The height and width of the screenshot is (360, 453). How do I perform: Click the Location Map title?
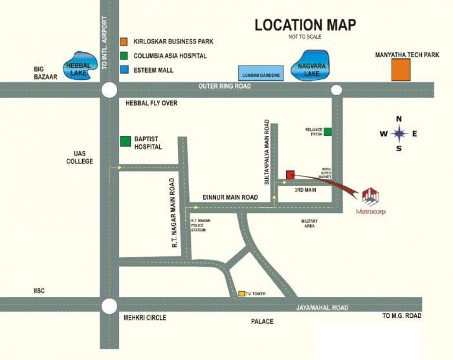click(305, 25)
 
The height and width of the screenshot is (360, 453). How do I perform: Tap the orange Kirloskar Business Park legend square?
click(124, 41)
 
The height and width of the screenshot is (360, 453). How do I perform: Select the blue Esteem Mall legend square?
click(124, 70)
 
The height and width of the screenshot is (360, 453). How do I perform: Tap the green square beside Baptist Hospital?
click(126, 142)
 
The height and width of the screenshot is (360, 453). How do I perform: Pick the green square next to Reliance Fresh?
click(328, 132)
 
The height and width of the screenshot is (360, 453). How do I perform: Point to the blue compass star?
click(399, 133)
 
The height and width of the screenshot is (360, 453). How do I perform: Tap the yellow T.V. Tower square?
click(241, 294)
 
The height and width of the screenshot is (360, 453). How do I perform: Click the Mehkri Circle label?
click(144, 318)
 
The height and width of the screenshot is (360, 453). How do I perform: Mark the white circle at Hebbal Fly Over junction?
click(109, 90)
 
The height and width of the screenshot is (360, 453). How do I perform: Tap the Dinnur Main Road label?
click(230, 197)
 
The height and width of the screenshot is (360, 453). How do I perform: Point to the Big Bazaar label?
click(47, 72)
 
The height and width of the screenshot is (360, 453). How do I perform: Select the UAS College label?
click(80, 157)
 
